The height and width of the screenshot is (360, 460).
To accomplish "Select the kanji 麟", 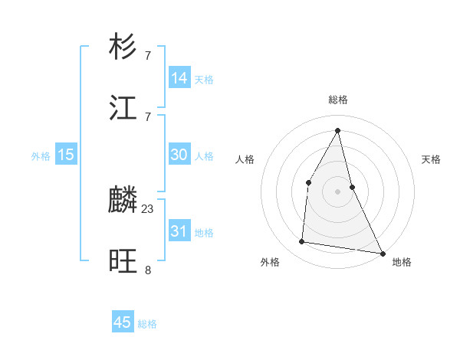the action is coord(123,201).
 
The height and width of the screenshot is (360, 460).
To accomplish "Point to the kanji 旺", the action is coord(123,262).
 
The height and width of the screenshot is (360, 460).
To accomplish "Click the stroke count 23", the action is coord(148,208).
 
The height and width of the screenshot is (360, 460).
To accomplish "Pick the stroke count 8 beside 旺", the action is coord(148,270).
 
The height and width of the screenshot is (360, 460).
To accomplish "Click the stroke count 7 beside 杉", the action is coord(148,55).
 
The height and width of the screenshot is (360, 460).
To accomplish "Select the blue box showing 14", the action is coord(179,78).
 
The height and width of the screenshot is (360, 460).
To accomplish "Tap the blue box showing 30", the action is coord(179,155).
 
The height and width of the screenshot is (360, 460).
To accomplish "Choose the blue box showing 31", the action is coord(179,231).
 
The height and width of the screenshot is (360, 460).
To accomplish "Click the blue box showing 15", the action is coord(66,155).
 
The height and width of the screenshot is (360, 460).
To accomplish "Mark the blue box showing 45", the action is coord(123,322).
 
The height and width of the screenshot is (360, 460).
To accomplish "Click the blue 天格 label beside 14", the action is coord(204,80).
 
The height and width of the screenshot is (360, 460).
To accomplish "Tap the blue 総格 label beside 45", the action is coord(147,324).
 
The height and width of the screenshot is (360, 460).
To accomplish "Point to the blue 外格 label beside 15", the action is coord(41,156).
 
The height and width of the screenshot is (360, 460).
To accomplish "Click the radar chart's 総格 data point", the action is coord(337,129).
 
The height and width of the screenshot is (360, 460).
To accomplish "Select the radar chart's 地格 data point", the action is coord(382,253).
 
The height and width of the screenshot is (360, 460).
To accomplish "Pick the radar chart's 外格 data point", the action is coord(302,242).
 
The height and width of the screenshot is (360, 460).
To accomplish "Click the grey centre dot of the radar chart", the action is coord(337,191).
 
